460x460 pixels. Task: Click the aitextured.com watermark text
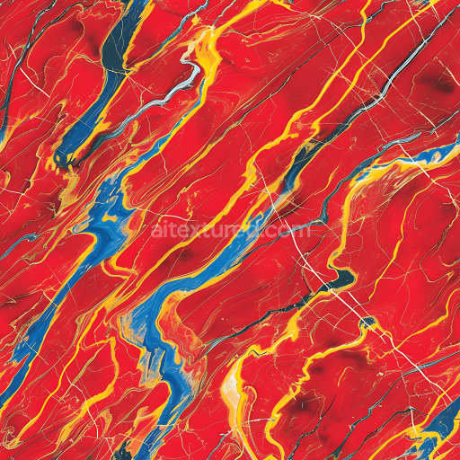pos(231,231)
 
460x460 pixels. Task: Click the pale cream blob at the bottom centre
pos(231,385)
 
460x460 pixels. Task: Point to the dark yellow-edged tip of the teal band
pos(65,160)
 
